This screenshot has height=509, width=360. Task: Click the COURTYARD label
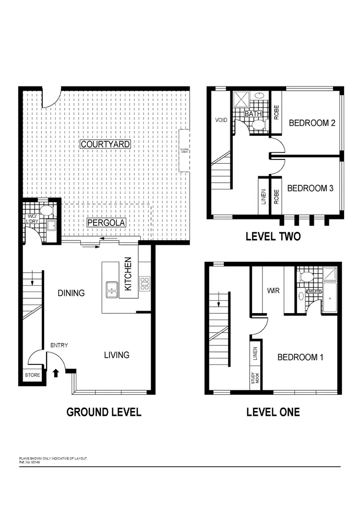pos(106,144)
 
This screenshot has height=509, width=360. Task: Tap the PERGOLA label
pos(106,223)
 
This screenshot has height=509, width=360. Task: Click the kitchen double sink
pos(112,288)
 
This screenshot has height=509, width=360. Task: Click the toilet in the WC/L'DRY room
pos(47,210)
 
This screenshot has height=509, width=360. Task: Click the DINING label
pos(71,293)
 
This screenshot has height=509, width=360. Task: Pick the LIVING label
pos(117,355)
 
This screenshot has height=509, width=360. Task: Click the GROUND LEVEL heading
pos(104,412)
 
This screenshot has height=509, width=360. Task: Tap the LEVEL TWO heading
pos(273,236)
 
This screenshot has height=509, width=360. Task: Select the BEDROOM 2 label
pos(312,123)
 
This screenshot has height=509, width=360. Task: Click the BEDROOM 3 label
pos(310,188)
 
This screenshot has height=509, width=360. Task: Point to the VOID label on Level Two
pos(220,121)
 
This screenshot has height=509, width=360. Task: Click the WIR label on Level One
pos(273,291)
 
